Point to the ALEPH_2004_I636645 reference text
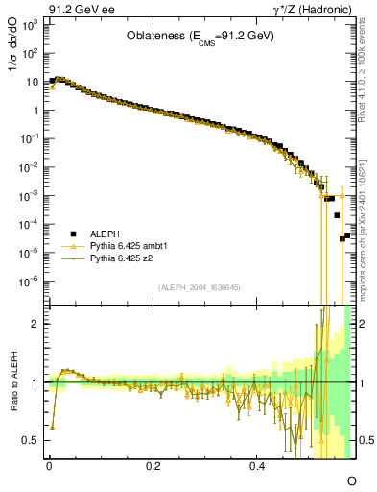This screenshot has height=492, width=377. tap(200, 287)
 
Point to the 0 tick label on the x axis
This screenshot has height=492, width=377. tap(49, 465)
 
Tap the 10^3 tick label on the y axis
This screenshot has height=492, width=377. tap(29, 24)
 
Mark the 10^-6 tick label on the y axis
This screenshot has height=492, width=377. tap(29, 282)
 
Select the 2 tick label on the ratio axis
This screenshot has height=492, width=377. tap(35, 324)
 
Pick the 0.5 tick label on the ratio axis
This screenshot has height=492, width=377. tap(32, 440)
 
